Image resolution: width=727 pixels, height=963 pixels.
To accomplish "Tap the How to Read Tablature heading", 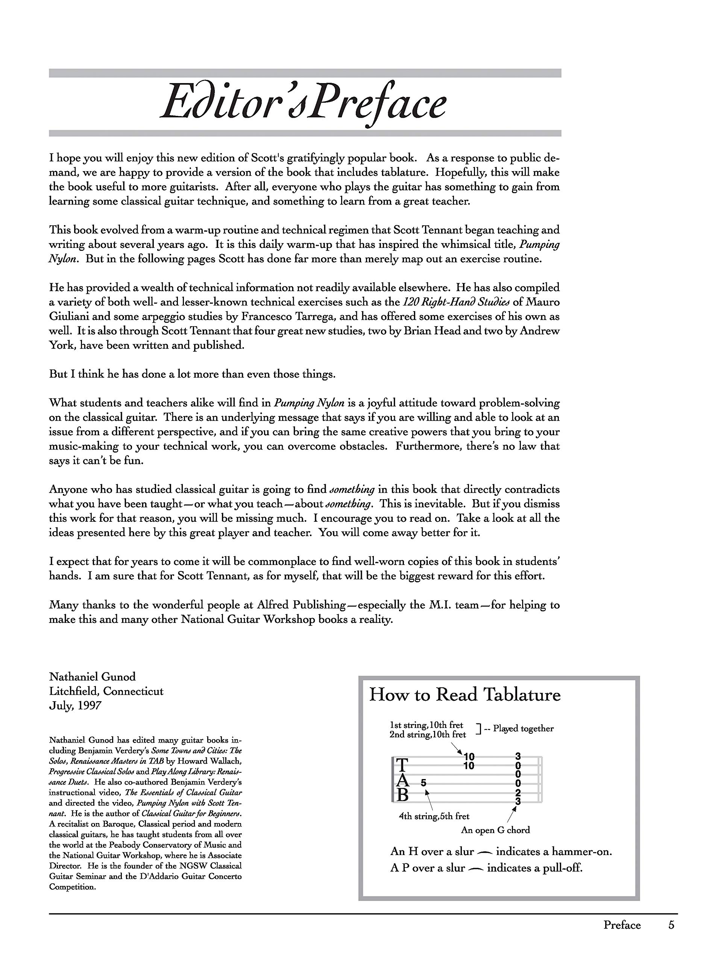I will coord(464,694).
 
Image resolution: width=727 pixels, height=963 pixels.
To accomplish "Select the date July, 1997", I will coord(75,705).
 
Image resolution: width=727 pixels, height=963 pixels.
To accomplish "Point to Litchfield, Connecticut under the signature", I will coord(106,691).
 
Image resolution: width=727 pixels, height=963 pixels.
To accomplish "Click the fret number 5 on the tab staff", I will coord(423,783).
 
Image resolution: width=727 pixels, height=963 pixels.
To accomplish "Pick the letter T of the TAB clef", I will coord(403,765).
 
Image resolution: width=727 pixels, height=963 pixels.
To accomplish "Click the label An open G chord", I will coord(495,830).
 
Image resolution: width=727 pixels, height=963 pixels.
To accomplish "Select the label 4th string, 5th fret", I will coord(434,816).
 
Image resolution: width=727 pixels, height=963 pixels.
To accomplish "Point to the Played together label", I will coord(523,729).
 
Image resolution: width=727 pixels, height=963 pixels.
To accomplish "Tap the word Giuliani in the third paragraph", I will coord(69,316).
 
